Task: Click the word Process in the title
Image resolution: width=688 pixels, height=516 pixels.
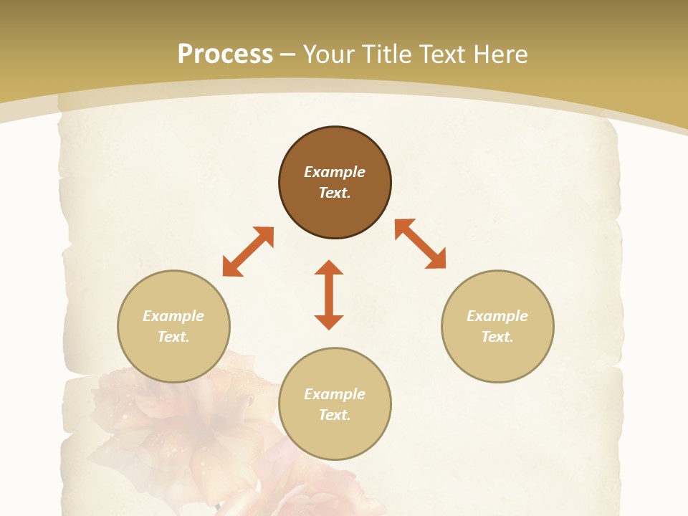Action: coord(225,54)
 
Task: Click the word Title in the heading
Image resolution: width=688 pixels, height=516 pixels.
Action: coord(388,54)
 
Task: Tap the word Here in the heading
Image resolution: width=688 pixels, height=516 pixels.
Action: coord(500,54)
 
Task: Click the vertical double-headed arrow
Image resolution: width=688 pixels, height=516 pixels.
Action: coord(329,295)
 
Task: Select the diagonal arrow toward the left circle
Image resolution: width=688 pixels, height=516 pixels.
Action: coord(248,252)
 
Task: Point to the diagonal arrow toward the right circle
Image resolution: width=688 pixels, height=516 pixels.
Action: coord(421,244)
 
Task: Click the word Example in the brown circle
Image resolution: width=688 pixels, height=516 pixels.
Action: coord(335,172)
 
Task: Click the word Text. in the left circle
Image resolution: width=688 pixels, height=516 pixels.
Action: coord(173,337)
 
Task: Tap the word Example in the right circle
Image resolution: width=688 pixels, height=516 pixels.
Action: coord(497,316)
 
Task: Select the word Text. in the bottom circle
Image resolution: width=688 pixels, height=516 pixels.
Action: coord(335,415)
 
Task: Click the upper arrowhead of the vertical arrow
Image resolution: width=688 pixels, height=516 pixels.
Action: coord(329,267)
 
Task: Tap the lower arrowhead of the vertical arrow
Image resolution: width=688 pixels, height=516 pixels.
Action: coord(329,322)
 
